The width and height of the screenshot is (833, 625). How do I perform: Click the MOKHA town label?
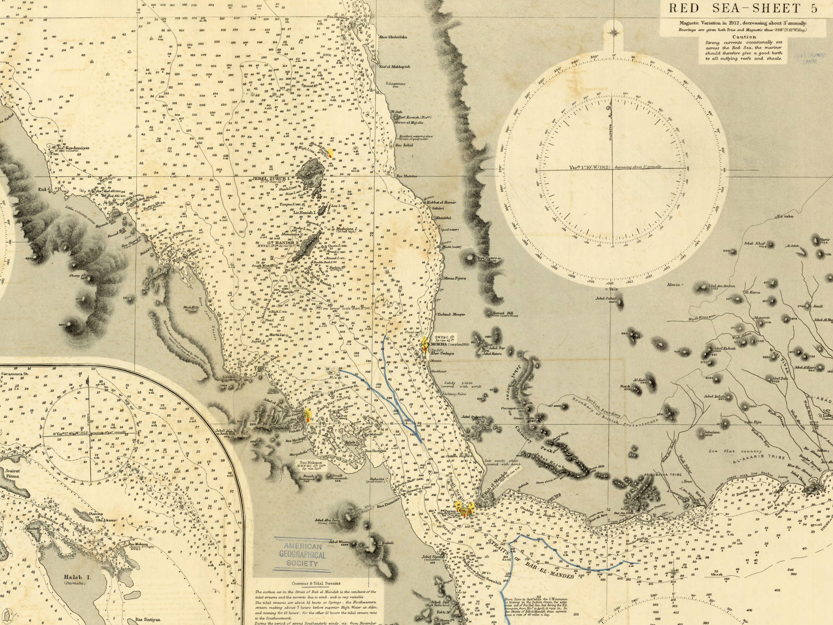[x=439, y=344]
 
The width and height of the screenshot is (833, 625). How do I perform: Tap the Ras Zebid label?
[x=404, y=145]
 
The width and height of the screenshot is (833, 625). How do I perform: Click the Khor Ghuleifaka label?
[x=393, y=37]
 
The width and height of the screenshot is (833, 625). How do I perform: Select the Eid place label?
[x=42, y=190]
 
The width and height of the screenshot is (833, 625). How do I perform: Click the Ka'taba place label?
[x=785, y=217]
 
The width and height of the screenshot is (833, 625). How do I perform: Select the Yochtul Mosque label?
[x=450, y=314]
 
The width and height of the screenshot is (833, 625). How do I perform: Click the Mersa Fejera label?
[x=455, y=278]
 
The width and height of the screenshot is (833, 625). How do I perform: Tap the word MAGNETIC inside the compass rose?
[x=611, y=132]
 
